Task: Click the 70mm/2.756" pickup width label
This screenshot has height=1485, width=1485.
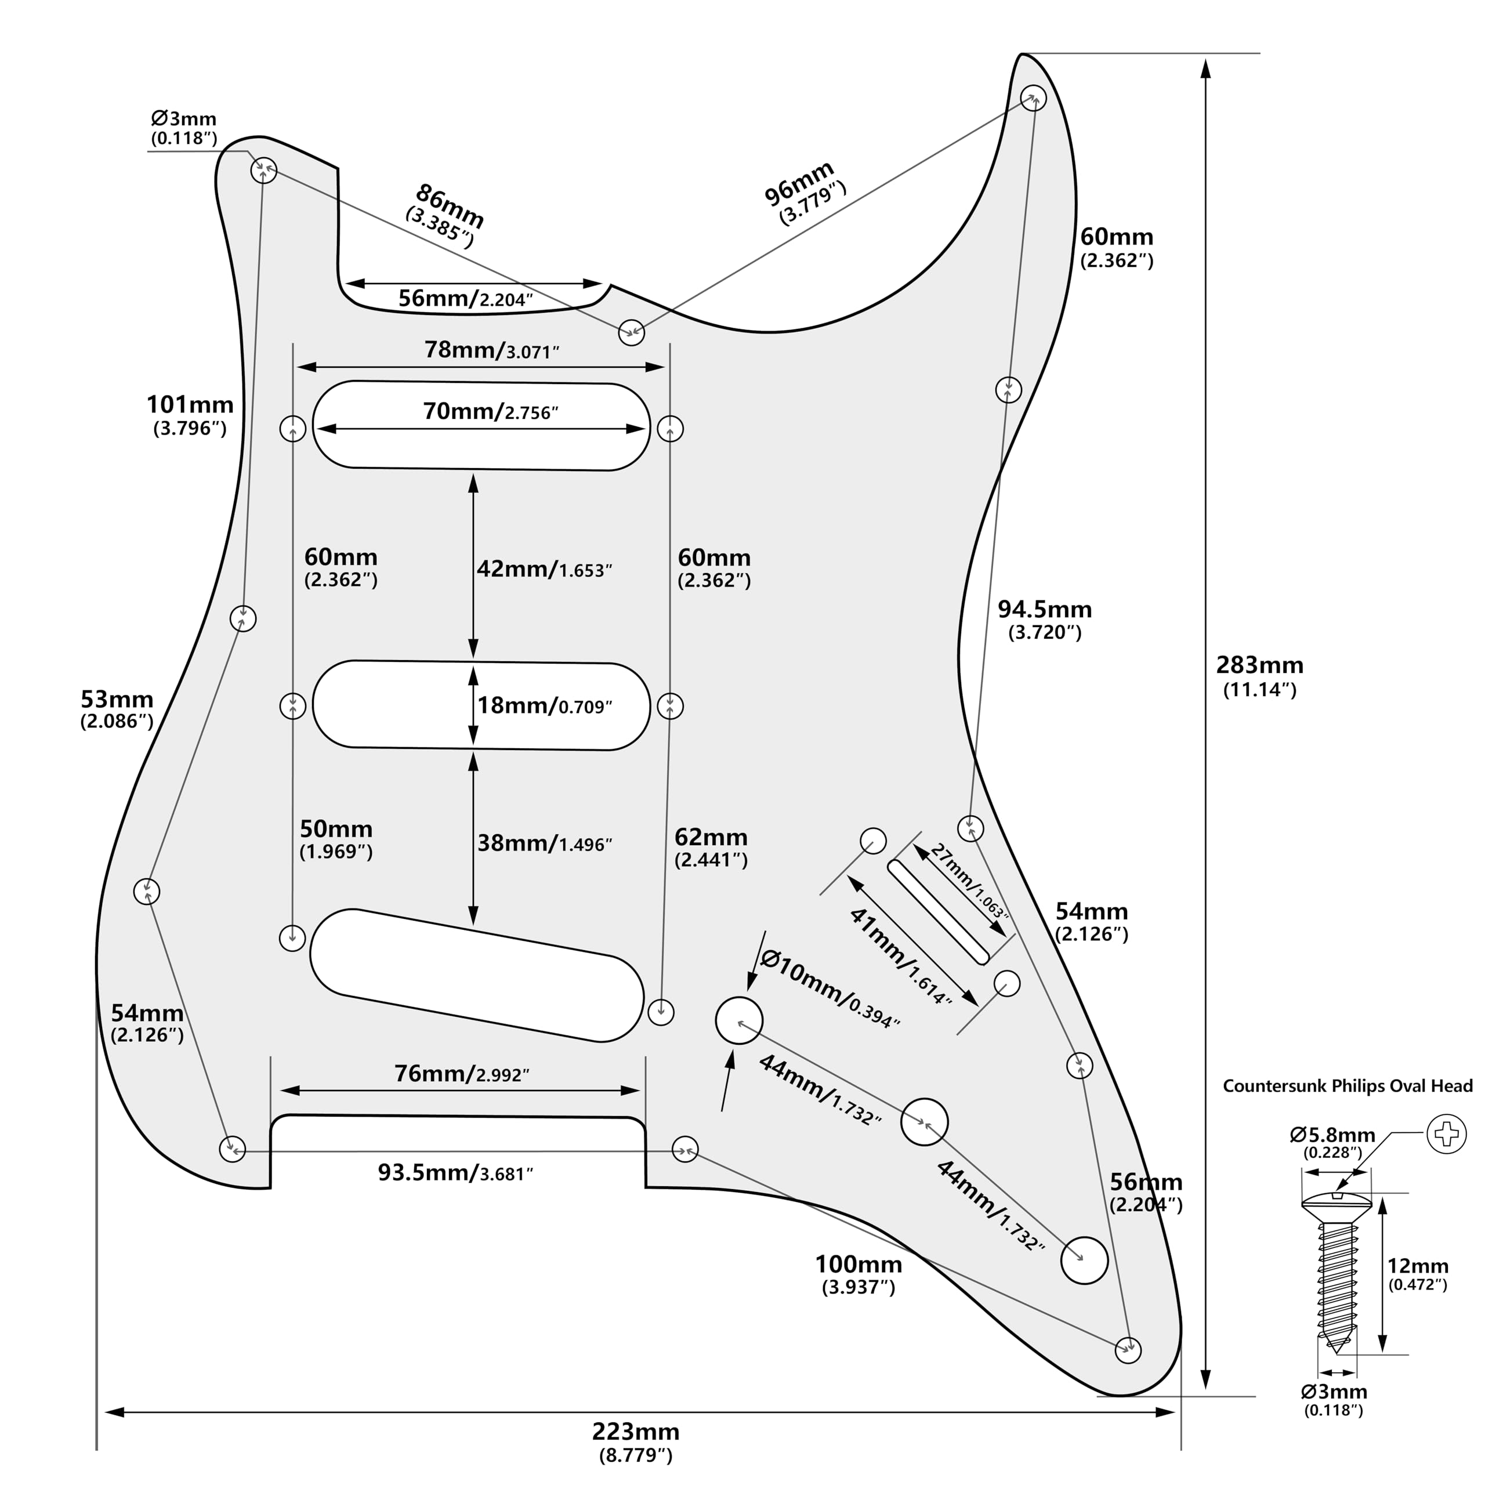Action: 490,411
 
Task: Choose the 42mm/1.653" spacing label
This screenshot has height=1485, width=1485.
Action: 544,569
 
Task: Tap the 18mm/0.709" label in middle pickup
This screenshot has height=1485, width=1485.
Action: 544,705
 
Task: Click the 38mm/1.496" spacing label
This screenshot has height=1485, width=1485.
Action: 544,843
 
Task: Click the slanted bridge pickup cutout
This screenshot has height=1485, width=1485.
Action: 477,975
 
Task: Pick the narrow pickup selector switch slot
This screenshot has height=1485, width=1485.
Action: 938,911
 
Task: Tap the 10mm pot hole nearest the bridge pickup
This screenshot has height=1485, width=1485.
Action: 738,1020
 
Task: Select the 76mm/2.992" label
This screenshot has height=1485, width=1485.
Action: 462,1073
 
